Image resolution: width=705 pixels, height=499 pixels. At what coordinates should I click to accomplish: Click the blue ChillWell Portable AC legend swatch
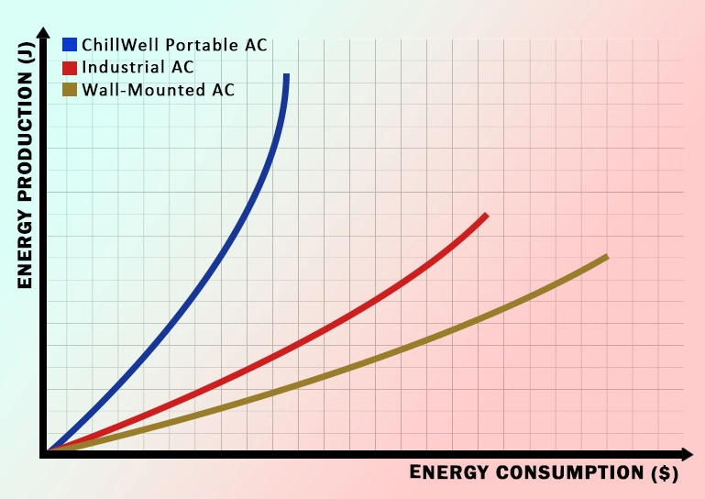point(70,44)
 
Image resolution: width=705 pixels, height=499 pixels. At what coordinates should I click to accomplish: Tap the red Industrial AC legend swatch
point(70,67)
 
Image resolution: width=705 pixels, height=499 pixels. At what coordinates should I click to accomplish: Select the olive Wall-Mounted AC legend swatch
point(70,90)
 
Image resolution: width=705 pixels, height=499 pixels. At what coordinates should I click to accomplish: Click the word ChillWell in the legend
point(115,44)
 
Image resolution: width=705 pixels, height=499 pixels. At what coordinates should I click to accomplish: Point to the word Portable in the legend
point(184,44)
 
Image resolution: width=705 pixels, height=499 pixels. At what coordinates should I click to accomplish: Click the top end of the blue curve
point(287,76)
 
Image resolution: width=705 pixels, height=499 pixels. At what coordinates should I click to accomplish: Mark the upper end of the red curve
point(485,216)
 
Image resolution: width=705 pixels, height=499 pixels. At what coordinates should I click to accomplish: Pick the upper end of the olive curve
point(606,257)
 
